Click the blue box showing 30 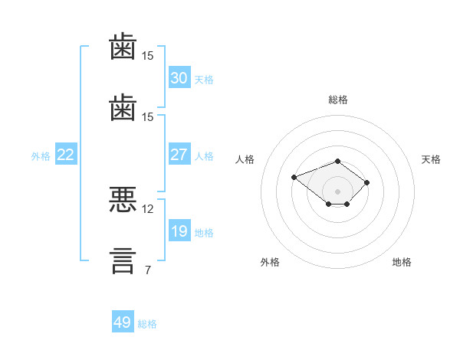[179, 78]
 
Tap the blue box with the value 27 [179, 155]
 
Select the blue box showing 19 [179, 231]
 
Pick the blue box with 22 [66, 155]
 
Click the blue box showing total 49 [123, 322]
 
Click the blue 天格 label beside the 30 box [204, 79]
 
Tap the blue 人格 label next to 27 [204, 155]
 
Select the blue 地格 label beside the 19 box [204, 232]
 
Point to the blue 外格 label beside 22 [41, 155]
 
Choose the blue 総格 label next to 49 [148, 323]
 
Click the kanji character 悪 [123, 200]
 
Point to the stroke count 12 [148, 208]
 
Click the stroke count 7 [147, 270]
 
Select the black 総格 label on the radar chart [337, 100]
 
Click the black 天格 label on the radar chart [431, 159]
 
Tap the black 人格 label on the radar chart [245, 159]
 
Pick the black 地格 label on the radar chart [402, 262]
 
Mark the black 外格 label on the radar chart [270, 262]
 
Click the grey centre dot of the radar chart [337, 191]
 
